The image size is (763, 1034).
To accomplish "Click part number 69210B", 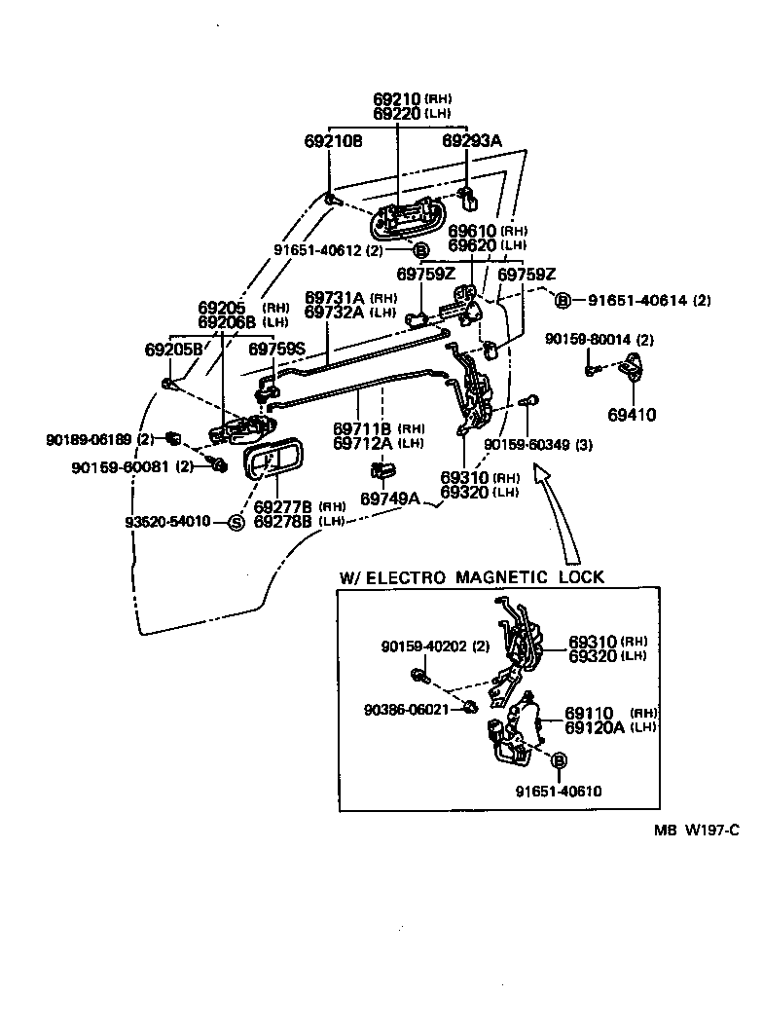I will [x=332, y=141].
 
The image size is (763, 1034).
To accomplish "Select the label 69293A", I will [x=472, y=141].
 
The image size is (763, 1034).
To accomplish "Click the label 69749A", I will [x=389, y=499].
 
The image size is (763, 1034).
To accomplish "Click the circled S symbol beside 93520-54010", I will [x=235, y=523].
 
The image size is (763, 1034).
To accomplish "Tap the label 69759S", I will [x=276, y=349].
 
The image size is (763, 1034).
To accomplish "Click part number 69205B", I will [x=173, y=349].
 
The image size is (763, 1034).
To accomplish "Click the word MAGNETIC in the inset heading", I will [x=500, y=577].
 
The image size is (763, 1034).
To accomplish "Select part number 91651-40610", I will [x=559, y=791].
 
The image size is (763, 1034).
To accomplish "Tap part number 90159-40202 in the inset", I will [x=424, y=646].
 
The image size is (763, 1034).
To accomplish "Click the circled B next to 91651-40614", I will [x=563, y=300].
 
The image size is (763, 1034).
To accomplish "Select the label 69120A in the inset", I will [x=597, y=727].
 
